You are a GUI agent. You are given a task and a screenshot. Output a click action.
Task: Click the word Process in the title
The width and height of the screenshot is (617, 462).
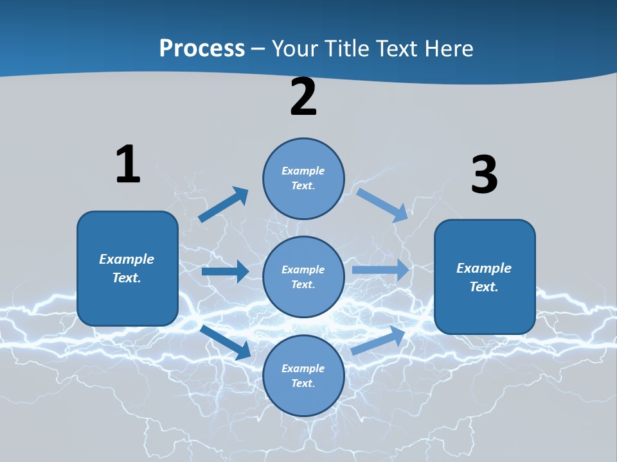coord(202,49)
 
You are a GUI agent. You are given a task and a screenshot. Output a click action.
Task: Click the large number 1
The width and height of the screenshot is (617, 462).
coord(128,164)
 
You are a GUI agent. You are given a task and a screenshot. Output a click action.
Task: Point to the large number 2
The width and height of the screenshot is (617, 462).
coord(303,97)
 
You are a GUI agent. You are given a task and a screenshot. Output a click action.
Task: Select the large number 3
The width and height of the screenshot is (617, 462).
coord(484,175)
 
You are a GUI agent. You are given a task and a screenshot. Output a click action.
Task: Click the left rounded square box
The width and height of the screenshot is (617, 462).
coord(127,268)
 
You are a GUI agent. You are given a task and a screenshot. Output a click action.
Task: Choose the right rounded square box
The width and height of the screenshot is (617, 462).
coord(485,277)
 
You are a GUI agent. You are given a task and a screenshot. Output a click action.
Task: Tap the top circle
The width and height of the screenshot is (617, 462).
coord(303,178)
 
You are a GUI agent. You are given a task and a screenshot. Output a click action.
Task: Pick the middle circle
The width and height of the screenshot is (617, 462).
coord(303,277)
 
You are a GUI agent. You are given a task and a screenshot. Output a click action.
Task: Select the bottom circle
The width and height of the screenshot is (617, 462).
coord(303,375)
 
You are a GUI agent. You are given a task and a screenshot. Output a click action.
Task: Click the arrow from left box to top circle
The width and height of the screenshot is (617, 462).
coord(223,205)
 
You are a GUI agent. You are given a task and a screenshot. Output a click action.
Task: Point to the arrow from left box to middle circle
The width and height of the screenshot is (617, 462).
coord(225,271)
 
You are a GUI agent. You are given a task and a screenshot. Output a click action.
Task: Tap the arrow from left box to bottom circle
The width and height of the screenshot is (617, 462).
coord(226,342)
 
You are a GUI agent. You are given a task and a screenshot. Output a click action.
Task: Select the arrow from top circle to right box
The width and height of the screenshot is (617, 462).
coord(382,205)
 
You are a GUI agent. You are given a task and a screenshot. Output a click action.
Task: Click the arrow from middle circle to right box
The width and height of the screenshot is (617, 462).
coord(380,269)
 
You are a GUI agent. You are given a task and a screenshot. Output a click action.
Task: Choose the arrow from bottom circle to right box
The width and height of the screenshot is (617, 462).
coord(379,341)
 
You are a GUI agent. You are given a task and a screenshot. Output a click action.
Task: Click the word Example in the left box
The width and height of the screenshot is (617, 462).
coord(127,259)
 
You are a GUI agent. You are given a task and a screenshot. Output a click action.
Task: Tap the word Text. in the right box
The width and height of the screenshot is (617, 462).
coord(484,287)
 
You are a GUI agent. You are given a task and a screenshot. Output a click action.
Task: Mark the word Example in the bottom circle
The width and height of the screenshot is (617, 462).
coord(303,368)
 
